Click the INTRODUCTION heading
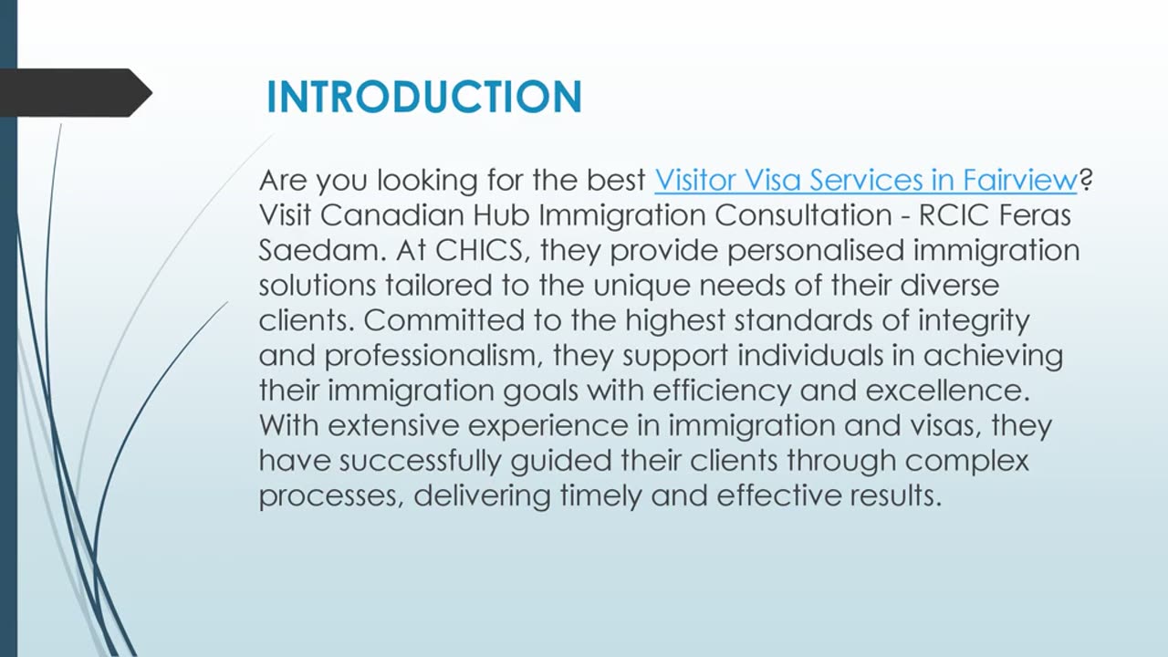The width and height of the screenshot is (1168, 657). coord(423,97)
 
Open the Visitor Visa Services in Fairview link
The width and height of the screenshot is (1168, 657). coord(866,181)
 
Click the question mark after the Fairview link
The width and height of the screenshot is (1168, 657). coord(1086,181)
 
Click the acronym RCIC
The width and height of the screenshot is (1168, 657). coord(965,215)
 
